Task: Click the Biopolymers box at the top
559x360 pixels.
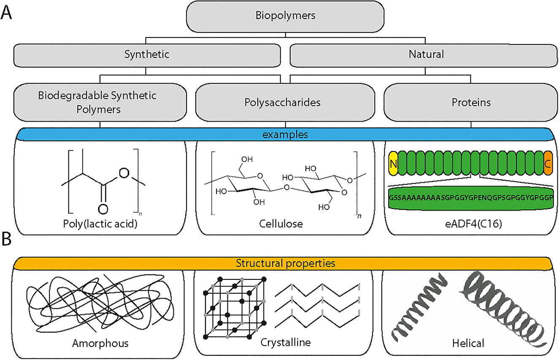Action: [x=285, y=16]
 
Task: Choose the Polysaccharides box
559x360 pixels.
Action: [x=285, y=102]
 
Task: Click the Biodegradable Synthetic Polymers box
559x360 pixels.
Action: [x=100, y=102]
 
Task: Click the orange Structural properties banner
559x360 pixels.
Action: [x=285, y=263]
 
